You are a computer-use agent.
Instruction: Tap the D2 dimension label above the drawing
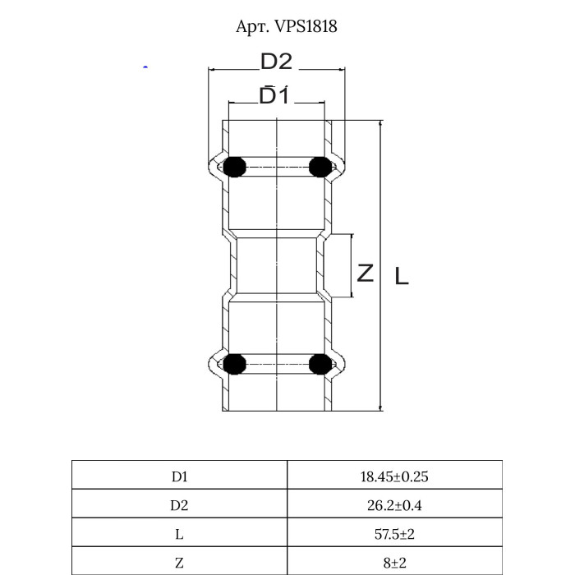point(277,62)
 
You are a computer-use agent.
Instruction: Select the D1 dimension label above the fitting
point(274,95)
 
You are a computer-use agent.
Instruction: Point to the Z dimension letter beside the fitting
point(366,272)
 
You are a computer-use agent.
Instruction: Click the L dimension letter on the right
point(401,276)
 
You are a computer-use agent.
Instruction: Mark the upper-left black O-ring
point(235,167)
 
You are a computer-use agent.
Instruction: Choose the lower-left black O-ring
point(235,363)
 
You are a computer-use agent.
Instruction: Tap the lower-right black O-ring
point(320,363)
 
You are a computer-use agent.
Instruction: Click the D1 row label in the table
point(179,476)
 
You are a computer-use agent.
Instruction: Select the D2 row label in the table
point(179,504)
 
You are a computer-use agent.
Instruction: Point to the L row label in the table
point(179,533)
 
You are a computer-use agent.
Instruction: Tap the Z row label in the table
point(179,562)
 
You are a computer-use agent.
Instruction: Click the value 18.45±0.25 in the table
point(393,476)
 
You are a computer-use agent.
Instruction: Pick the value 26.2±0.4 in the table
point(393,504)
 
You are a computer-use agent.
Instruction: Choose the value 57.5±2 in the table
point(393,533)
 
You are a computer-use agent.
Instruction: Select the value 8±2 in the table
point(393,562)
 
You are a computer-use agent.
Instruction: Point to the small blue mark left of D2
point(145,67)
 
